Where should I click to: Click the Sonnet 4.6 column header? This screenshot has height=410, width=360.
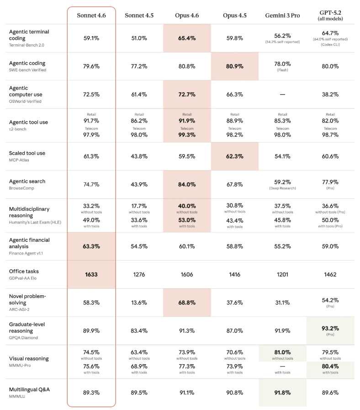91,15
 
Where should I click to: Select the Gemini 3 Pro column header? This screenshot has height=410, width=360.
282,15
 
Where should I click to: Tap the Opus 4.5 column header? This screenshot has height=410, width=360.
234,15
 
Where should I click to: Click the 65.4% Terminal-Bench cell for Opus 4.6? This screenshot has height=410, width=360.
187,38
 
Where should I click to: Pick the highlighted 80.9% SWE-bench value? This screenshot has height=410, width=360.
234,66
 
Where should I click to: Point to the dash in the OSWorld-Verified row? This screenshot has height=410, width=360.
282,95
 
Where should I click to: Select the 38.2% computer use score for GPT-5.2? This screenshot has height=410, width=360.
330,95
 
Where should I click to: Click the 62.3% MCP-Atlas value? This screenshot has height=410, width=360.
234,156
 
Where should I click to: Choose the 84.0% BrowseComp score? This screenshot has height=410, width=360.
187,185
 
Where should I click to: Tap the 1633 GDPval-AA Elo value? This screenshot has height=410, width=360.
91,275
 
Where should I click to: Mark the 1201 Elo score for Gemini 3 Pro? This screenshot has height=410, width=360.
282,275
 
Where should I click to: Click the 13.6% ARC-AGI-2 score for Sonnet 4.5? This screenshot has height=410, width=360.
139,303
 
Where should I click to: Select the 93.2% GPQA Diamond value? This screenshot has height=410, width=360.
330,328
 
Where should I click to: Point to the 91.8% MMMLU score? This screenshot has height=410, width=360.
282,392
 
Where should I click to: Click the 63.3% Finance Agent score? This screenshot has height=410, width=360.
91,246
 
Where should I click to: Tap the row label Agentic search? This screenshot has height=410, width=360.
27,181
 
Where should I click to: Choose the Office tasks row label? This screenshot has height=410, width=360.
24,272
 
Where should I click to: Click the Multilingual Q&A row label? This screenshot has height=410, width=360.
29,389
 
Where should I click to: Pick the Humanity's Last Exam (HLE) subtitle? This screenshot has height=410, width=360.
35,222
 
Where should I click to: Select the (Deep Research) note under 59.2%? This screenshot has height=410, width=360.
282,188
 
